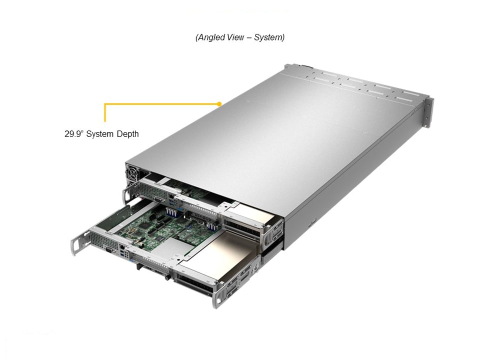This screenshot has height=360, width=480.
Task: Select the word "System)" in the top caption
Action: point(269,37)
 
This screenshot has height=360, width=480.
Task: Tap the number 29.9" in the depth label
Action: point(74,134)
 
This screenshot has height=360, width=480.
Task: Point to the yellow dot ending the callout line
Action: point(219,104)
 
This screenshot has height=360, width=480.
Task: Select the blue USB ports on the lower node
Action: point(123,253)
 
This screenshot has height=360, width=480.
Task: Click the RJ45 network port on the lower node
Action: point(122,246)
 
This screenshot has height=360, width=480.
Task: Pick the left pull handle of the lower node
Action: point(78,242)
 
